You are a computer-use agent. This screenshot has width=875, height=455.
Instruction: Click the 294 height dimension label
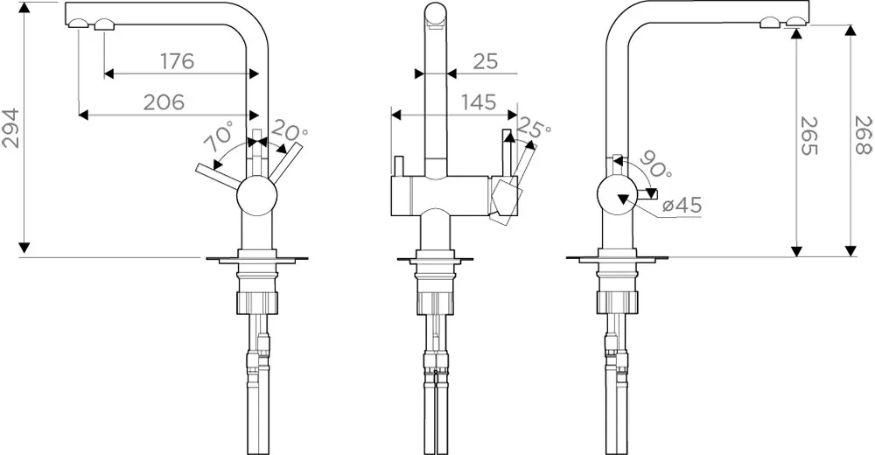tap(11, 129)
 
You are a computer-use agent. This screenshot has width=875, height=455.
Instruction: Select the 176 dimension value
tap(178, 61)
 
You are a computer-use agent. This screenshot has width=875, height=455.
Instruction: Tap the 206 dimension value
tap(164, 102)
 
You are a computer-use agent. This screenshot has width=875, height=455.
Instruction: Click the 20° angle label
tap(289, 132)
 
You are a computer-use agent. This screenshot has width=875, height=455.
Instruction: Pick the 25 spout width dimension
tap(485, 61)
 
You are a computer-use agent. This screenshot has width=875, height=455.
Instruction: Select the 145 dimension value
tap(479, 102)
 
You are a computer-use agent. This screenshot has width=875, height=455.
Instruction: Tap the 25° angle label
tap(533, 128)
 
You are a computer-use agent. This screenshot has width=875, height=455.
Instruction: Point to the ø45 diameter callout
tap(682, 206)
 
